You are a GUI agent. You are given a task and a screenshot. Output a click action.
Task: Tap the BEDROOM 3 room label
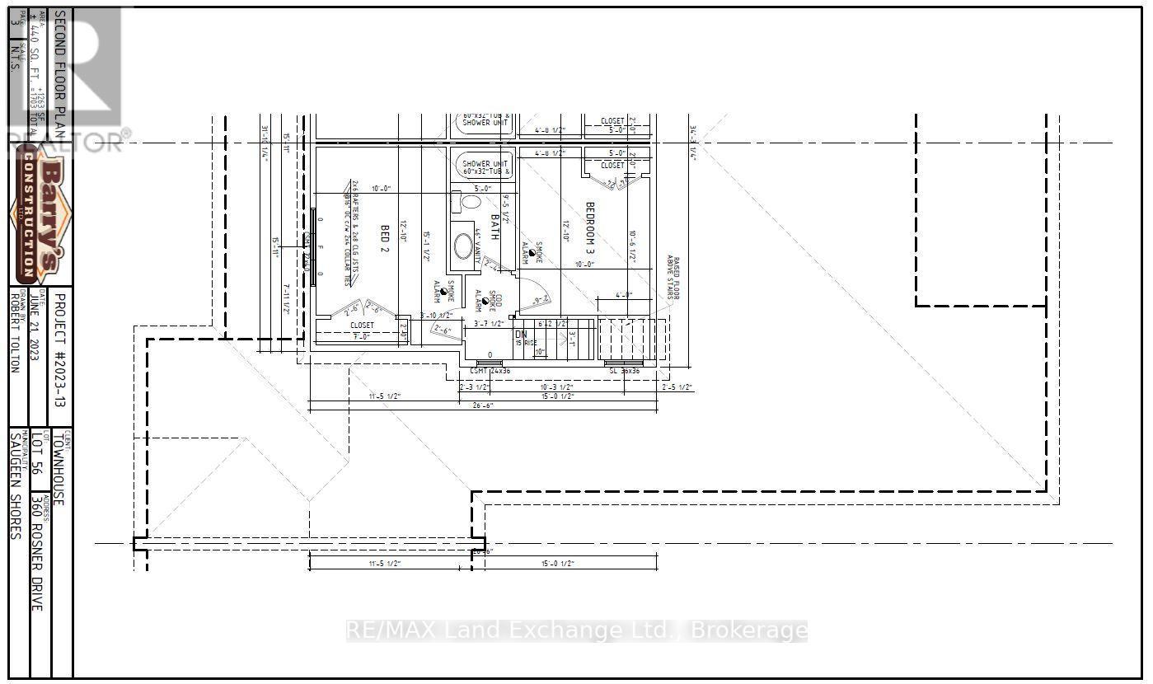(x=590, y=227)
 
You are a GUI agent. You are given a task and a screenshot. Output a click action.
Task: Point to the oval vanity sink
(x=464, y=246)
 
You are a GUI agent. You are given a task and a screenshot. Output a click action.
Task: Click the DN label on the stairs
(x=521, y=335)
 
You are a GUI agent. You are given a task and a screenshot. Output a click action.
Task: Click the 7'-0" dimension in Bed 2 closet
(x=361, y=335)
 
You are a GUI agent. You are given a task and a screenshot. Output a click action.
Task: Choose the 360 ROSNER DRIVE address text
(x=36, y=552)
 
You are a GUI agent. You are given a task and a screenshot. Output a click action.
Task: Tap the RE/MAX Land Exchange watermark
(x=575, y=631)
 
